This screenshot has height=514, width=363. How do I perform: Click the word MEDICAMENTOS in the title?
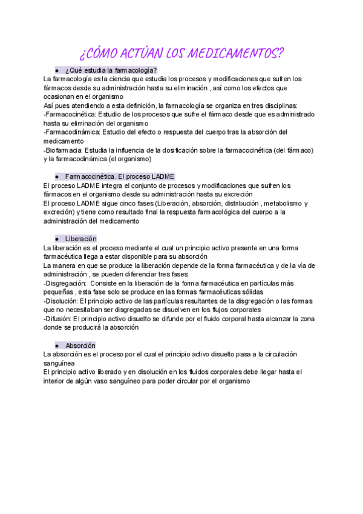(236, 53)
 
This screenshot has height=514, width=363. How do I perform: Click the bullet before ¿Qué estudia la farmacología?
(56, 70)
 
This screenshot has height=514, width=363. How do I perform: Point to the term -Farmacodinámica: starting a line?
(72, 132)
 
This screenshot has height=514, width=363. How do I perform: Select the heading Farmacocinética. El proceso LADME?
(120, 176)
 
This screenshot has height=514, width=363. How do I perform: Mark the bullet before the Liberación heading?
(56, 239)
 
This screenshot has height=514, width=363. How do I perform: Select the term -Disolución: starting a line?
(60, 300)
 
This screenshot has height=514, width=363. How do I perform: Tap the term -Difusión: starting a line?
(57, 318)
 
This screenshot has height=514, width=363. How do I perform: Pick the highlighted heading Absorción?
(81, 345)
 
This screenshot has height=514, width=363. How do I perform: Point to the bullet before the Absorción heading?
(56, 345)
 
